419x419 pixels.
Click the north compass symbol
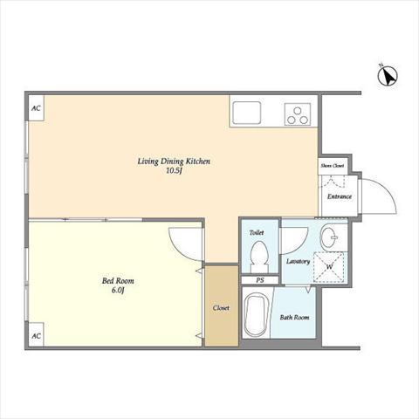point(388,76)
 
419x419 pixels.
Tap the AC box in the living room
point(37,108)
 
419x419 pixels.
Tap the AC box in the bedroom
point(36,335)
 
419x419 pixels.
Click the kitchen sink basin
point(247,113)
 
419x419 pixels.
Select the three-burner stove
point(298,114)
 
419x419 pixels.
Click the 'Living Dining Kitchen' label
point(174,161)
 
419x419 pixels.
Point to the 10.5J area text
point(174,171)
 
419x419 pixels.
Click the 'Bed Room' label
point(118,281)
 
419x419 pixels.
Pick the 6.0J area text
point(118,291)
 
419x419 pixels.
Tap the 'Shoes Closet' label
point(333,166)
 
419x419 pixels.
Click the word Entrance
point(340,196)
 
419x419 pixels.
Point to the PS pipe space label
point(260,280)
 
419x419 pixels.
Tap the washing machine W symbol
point(329,267)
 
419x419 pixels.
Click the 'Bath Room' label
point(294,317)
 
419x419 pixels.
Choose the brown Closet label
point(221,308)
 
